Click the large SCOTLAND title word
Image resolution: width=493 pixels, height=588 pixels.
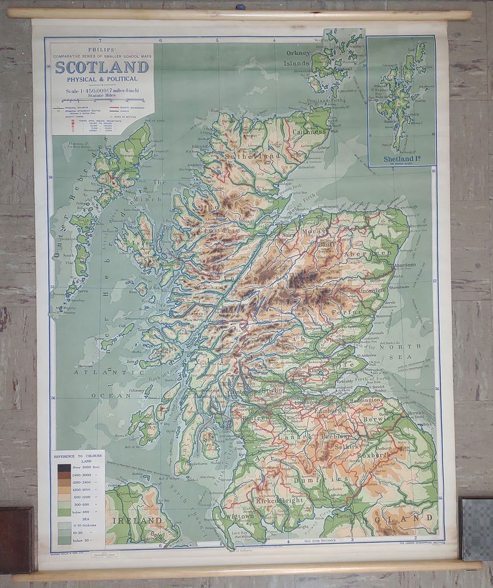click(102, 67)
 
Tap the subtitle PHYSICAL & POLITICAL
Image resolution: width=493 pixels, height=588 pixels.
click(102, 79)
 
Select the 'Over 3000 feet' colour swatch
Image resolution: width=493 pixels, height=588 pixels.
click(64, 467)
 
